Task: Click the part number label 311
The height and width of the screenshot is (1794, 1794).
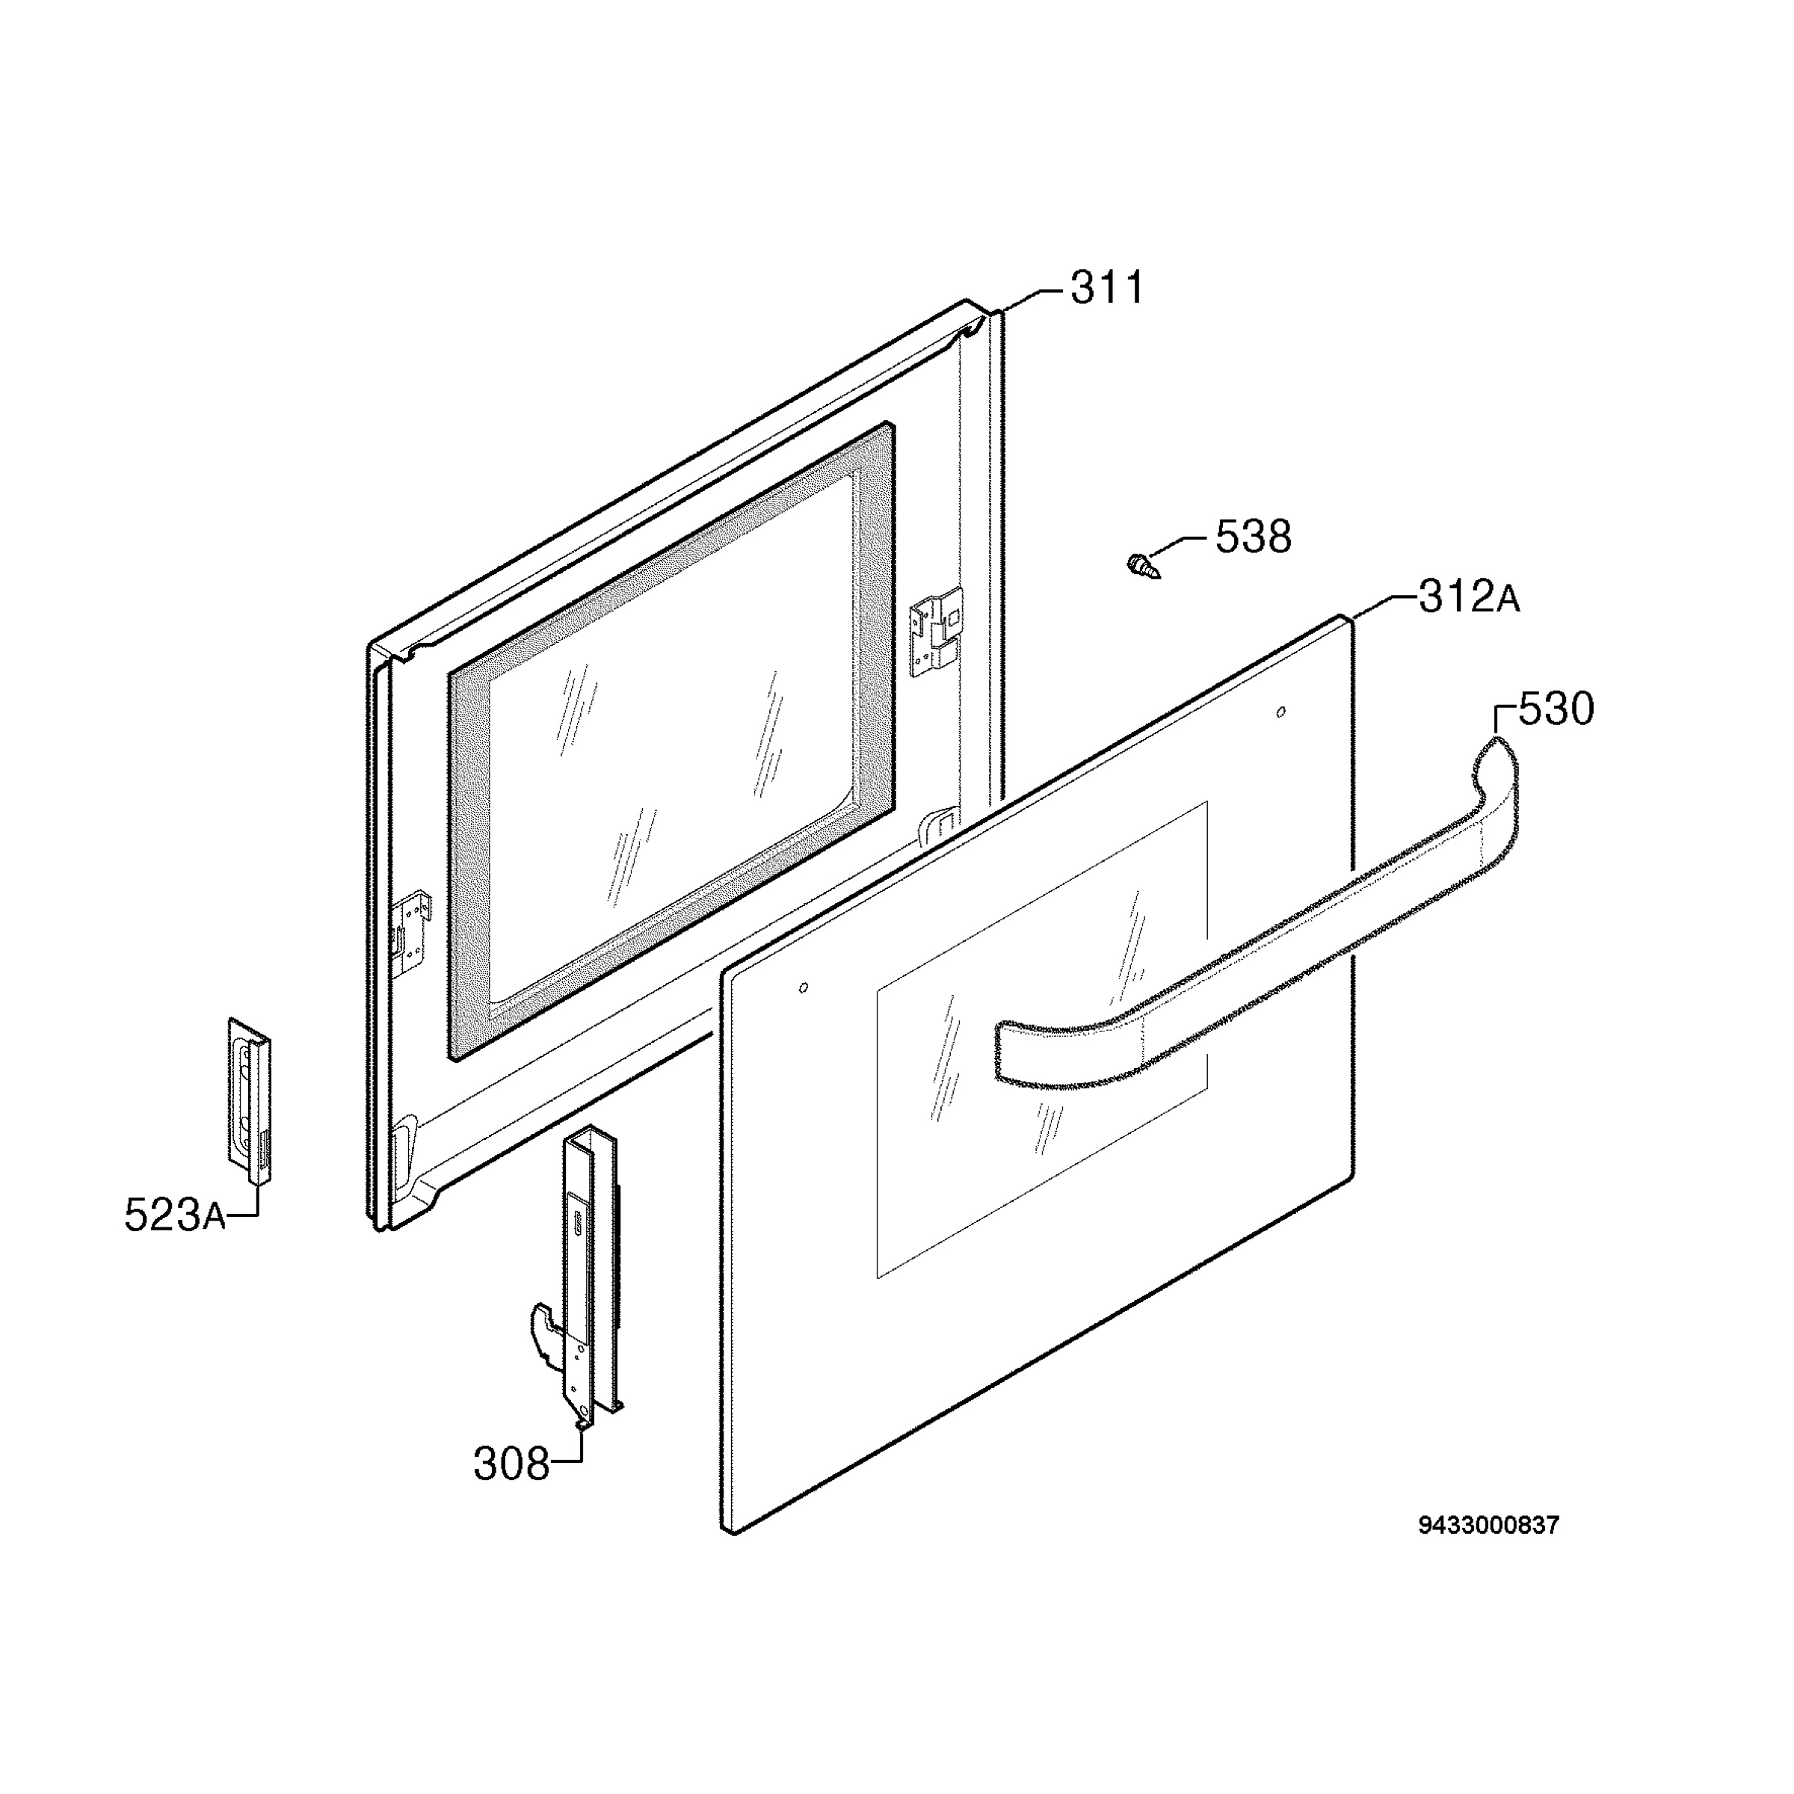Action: [1107, 288]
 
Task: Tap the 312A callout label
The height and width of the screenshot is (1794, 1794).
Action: [1469, 597]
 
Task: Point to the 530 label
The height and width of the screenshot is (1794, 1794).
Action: [1556, 709]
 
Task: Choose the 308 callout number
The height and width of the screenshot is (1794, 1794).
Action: [511, 1464]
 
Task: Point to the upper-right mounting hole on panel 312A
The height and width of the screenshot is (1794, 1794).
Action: [1281, 712]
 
